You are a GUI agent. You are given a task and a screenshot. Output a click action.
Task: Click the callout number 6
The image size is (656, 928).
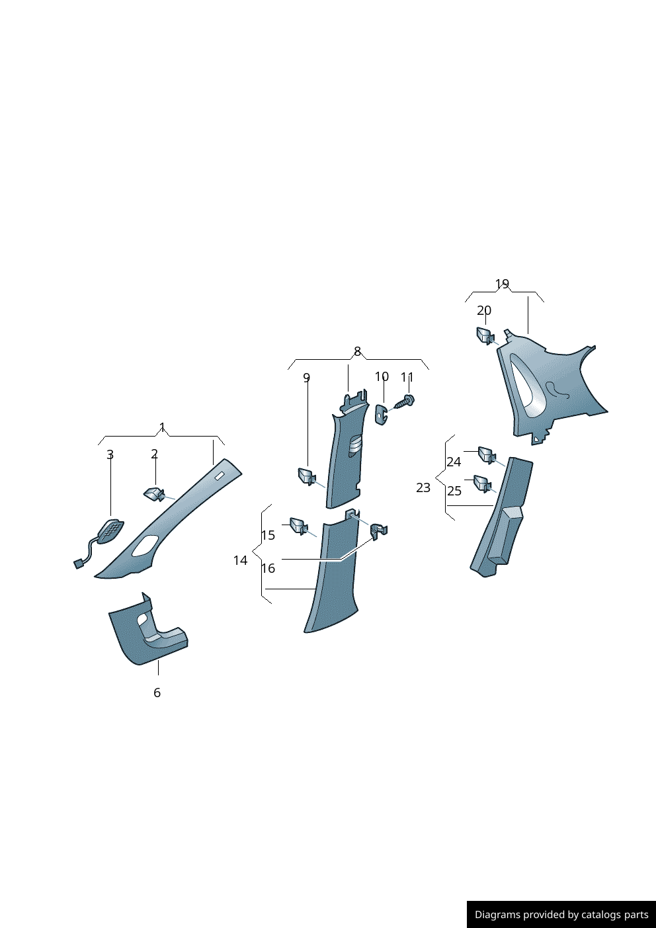coord(157,693)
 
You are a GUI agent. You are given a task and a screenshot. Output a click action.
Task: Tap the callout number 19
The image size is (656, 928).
coord(502,284)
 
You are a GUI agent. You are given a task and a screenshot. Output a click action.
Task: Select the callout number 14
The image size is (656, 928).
coord(240,560)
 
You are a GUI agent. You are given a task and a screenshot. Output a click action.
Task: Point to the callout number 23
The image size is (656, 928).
coord(423,487)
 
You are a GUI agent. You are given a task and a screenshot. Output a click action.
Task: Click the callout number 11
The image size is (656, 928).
coord(407,377)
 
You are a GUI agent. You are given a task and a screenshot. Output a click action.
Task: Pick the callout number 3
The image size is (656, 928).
coord(110,454)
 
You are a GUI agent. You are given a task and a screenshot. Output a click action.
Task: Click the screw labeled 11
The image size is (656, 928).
coord(405,401)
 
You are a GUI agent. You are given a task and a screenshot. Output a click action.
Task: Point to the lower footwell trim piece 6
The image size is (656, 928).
coord(147,632)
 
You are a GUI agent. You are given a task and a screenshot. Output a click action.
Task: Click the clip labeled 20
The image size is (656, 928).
coord(485,335)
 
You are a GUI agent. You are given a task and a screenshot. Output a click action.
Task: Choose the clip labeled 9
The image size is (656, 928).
coord(307,476)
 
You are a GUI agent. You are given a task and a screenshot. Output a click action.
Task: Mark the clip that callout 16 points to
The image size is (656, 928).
coord(379,530)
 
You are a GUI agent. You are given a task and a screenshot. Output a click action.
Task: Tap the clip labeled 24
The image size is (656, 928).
coord(487,454)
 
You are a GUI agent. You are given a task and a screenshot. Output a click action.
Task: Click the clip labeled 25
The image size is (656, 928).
coord(483,484)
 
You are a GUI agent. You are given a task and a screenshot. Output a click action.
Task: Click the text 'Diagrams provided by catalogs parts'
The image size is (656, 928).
coord(561,915)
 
